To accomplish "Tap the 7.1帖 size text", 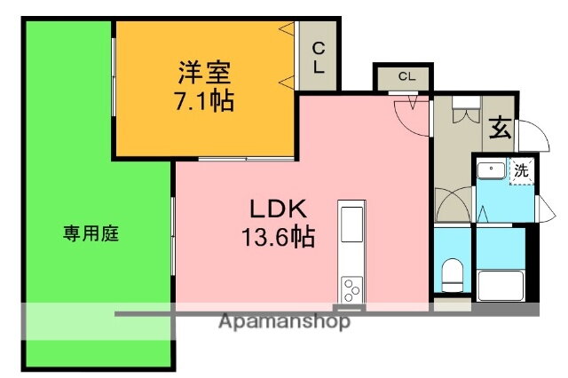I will tap(204, 100).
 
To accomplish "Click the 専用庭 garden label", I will tap(91, 234).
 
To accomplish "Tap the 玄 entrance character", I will tap(500, 130).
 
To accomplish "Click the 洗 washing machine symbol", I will tap(521, 169).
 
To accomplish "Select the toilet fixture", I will tap(453, 275).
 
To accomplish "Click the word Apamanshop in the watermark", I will tap(284, 321).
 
